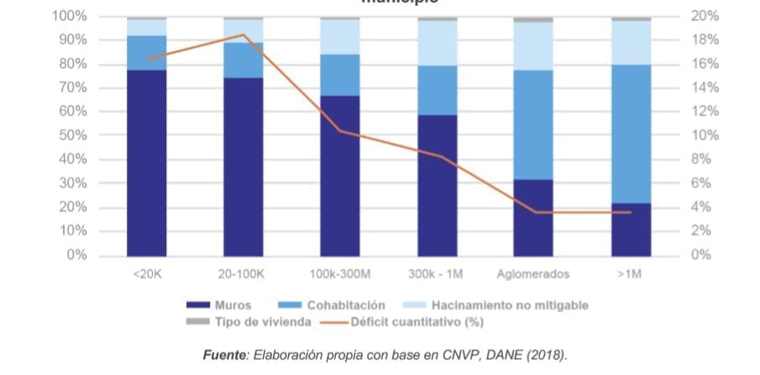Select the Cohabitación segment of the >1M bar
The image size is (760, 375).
click(631, 134)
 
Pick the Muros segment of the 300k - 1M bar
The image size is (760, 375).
click(437, 185)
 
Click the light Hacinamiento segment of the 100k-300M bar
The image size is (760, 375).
click(340, 37)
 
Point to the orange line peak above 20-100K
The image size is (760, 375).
click(244, 34)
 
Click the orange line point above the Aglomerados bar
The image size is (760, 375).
click(533, 212)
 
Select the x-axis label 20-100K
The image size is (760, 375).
click(244, 275)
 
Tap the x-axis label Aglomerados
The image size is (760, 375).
click(533, 275)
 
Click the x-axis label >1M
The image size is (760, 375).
click(631, 275)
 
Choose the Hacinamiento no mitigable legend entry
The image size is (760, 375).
click(509, 305)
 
